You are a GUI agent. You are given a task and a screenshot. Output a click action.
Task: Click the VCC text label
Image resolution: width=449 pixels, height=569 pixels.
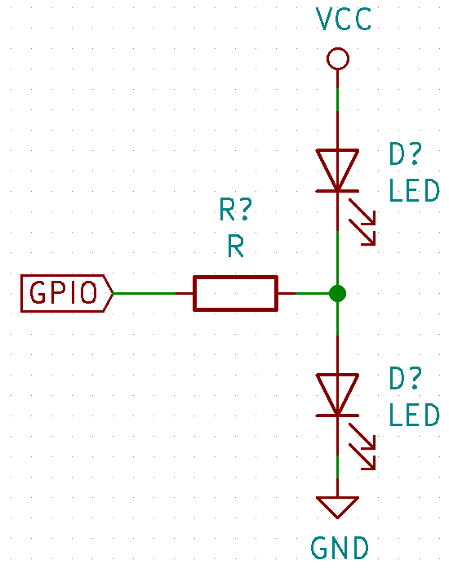click(344, 20)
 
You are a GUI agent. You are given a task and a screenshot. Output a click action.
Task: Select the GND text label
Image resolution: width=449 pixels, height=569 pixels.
click(340, 548)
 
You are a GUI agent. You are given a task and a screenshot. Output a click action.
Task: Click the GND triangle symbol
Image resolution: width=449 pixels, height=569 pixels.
click(338, 507)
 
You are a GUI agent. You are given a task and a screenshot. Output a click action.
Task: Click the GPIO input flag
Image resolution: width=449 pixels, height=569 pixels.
click(67, 293)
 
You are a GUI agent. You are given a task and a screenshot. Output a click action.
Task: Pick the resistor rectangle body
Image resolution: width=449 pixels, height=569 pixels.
click(236, 293)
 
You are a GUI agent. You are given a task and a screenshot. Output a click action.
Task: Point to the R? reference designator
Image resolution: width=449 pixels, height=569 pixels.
click(236, 209)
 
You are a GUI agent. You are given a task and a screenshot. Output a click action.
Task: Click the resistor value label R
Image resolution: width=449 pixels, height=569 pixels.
click(236, 246)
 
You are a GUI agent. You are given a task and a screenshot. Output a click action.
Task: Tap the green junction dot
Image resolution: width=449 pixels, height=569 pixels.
click(338, 293)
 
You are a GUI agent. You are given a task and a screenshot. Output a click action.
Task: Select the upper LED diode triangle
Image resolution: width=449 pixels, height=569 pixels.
click(338, 170)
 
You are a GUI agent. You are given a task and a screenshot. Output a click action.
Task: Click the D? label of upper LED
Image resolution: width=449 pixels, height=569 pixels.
click(406, 153)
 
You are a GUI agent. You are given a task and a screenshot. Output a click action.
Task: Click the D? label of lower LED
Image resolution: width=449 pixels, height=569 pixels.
click(406, 378)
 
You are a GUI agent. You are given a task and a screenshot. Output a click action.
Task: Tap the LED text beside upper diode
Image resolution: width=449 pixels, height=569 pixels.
click(414, 190)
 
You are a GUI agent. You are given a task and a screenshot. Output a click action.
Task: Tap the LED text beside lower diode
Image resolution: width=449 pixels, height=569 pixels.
click(414, 415)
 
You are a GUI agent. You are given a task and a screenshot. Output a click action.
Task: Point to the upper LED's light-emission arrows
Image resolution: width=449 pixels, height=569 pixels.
click(362, 222)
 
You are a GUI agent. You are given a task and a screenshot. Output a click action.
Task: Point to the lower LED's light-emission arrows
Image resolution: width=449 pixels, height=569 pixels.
click(362, 447)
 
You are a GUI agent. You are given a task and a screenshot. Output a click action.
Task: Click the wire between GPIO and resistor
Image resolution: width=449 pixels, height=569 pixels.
click(153, 293)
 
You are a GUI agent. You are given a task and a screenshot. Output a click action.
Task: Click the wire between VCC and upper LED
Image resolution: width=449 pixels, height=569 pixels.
click(338, 109)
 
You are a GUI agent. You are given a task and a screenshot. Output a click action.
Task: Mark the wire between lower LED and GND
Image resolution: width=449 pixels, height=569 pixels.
click(338, 456)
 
